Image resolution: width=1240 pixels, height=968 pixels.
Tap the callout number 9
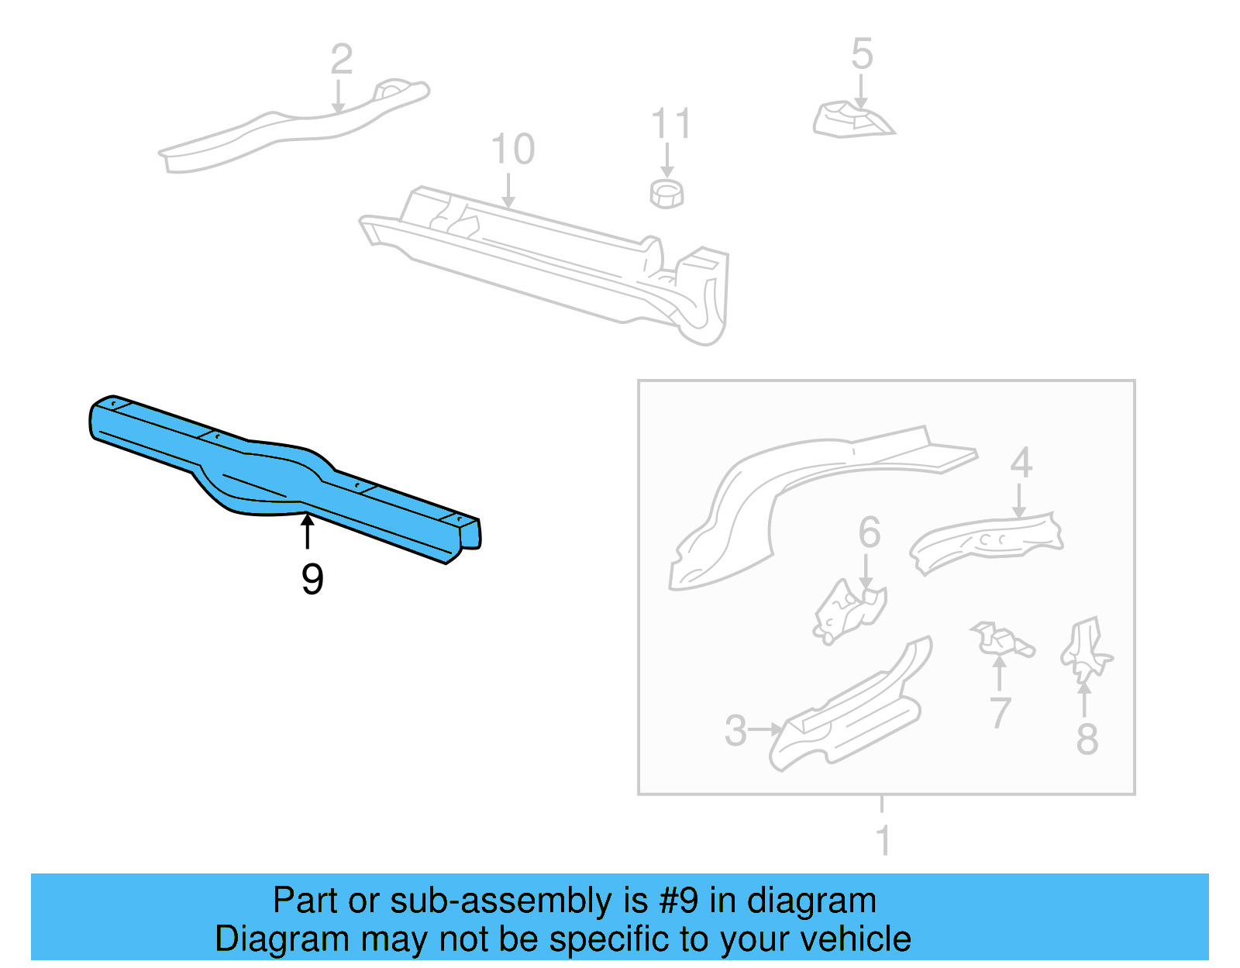312,579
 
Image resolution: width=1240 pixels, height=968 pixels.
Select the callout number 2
342,60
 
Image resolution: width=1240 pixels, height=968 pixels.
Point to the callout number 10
512,149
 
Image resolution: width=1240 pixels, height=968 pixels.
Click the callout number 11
671,124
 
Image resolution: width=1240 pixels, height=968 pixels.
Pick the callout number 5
862,54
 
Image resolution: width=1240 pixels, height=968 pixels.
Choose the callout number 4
1021,463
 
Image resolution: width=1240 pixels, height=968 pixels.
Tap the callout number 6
870,532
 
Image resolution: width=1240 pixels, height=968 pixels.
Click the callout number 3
735,731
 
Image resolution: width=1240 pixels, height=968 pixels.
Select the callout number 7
1001,713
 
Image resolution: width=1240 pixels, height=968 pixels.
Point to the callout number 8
1087,739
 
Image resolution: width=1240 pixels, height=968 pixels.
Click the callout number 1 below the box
883,840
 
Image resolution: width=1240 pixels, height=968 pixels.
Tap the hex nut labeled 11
666,194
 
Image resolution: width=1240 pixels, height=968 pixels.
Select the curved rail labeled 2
294,128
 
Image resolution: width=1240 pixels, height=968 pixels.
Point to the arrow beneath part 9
308,531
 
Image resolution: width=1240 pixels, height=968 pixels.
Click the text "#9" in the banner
679,901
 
